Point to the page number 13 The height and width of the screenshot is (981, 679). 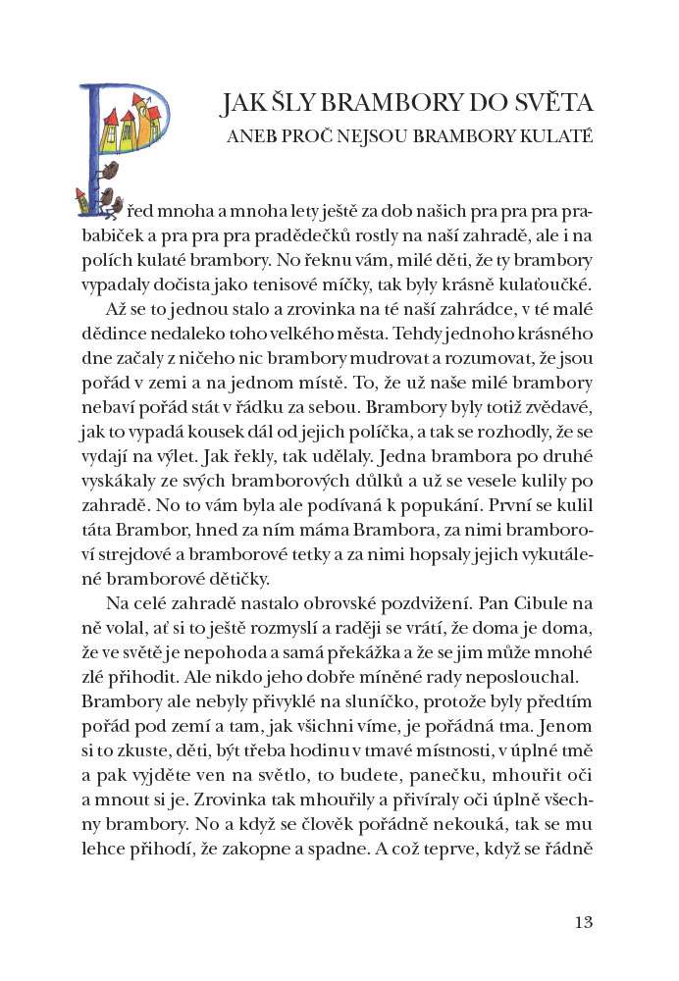[x=584, y=921]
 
